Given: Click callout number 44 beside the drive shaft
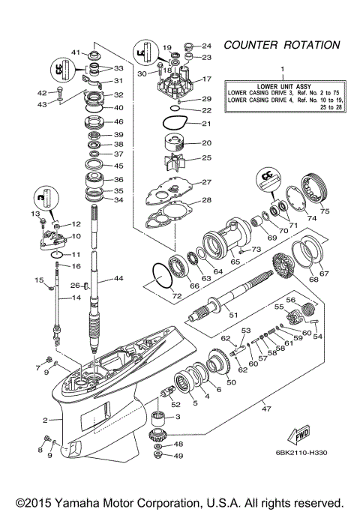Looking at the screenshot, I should point(118,279).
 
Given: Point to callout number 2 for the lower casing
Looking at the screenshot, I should point(46,420).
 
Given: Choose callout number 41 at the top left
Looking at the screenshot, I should point(76,52).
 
